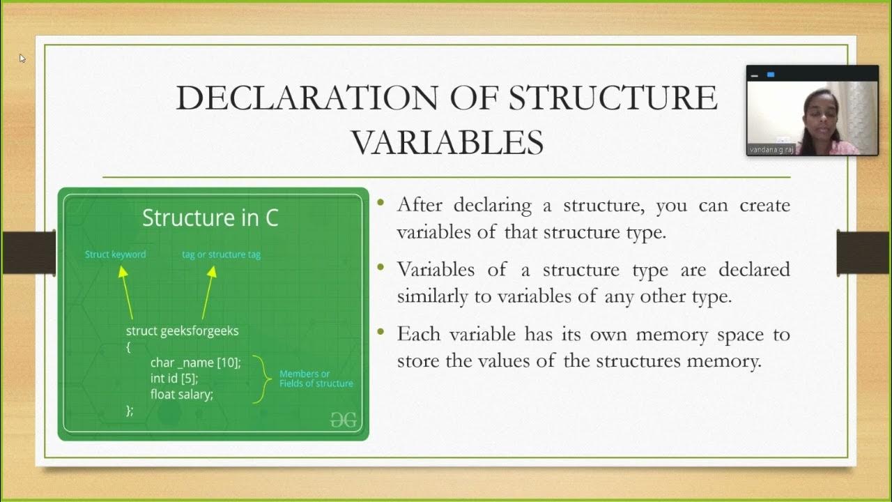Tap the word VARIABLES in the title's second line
[447, 142]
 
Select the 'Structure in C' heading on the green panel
[210, 218]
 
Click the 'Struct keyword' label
[115, 254]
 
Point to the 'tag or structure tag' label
[221, 254]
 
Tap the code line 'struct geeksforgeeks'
[182, 330]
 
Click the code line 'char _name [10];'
[195, 363]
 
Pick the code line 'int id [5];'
[174, 379]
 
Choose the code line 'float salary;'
[181, 394]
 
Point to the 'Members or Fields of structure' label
[316, 379]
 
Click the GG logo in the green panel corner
[344, 420]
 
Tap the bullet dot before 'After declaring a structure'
[380, 203]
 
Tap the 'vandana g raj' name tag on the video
[771, 150]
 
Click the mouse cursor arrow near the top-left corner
[22, 59]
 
